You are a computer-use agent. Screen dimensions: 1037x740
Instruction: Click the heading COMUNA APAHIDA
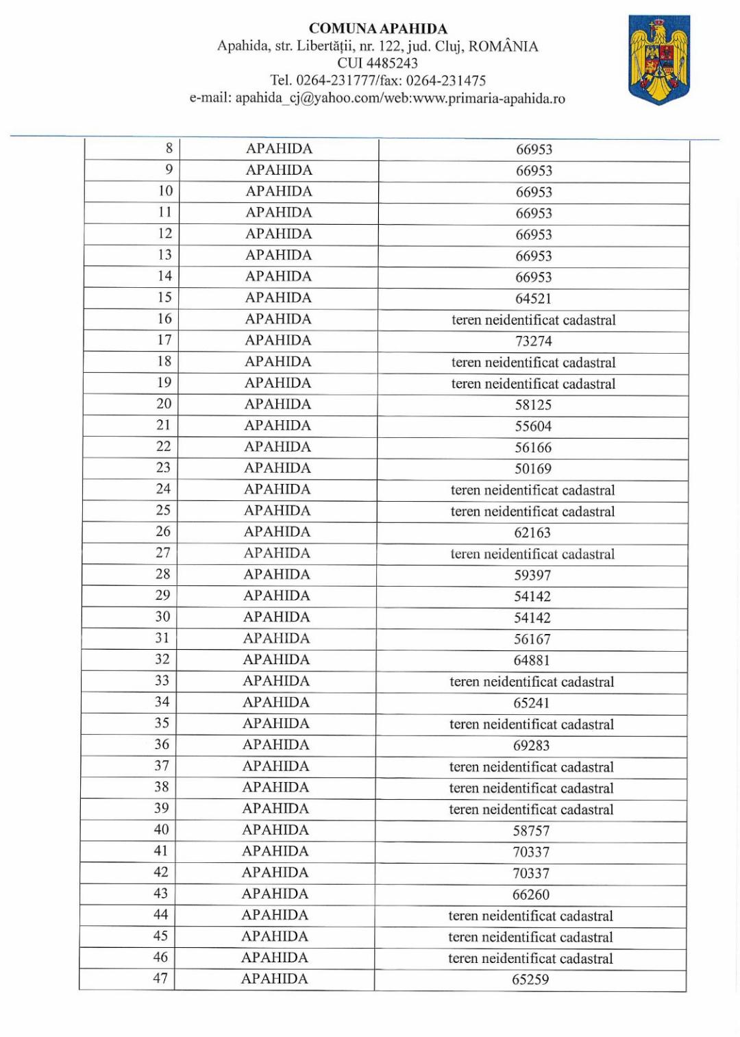(x=378, y=29)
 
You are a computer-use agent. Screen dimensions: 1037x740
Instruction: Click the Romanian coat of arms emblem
(x=659, y=60)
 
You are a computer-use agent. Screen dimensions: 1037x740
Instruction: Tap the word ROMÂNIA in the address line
(x=503, y=47)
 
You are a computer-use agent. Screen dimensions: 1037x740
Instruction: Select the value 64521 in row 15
(x=533, y=299)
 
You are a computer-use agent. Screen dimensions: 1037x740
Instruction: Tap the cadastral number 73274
(x=533, y=341)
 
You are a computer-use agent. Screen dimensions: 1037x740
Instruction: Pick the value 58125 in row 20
(x=533, y=405)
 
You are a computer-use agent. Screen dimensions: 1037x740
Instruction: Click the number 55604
(x=533, y=426)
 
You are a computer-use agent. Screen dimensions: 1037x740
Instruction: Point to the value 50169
(x=533, y=469)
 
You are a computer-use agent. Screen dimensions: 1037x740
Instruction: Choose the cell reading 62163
(x=532, y=533)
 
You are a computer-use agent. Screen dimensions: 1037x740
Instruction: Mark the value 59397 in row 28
(x=532, y=575)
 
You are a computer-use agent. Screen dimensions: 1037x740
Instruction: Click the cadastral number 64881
(x=532, y=660)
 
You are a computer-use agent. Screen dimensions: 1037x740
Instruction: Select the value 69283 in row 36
(x=531, y=745)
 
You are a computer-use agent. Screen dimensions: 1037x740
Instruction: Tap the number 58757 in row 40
(x=531, y=831)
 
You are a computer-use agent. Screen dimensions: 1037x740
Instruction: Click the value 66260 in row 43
(x=530, y=894)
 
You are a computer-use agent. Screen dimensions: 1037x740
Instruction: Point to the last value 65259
(x=530, y=979)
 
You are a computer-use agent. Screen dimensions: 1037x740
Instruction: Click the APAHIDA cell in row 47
(x=274, y=979)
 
